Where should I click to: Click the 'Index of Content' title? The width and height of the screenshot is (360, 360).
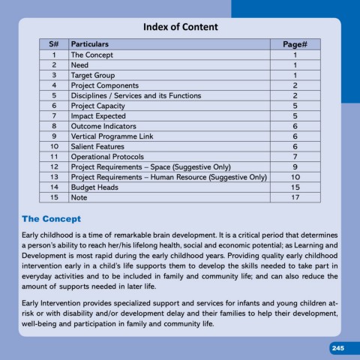tap(179, 28)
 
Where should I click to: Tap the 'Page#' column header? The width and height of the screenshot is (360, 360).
tap(295, 45)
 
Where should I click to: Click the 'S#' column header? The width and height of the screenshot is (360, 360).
tap(54, 45)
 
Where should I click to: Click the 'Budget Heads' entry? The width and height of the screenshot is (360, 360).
tap(95, 187)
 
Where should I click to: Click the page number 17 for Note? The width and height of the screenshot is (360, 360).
tap(295, 197)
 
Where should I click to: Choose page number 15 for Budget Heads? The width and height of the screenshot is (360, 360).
tap(295, 187)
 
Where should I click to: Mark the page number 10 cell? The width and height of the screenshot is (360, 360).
tap(295, 177)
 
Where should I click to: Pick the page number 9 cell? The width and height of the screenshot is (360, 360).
tap(295, 166)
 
